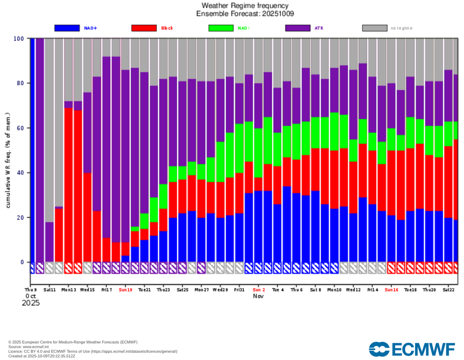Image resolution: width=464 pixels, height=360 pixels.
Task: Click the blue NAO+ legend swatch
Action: pos(67,28)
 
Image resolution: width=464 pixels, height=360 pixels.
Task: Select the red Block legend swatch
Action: pos(144,28)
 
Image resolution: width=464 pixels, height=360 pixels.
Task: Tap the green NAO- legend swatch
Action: pos(221,28)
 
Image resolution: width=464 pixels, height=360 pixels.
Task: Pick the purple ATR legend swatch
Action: pos(298,28)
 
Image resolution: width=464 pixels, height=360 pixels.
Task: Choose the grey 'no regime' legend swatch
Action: pos(375,28)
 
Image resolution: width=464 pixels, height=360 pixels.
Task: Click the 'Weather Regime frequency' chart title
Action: pos(245,6)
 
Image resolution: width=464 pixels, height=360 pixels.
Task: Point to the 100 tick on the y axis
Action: pos(19,39)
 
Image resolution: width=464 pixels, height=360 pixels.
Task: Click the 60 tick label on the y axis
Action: pos(20,128)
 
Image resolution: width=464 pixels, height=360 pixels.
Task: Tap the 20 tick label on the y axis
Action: pos(20,218)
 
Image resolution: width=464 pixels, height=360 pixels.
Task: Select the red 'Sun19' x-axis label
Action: pos(126,289)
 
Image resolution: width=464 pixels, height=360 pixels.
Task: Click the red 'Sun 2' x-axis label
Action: pos(259,289)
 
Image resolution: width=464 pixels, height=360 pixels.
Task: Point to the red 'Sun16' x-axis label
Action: pos(391,289)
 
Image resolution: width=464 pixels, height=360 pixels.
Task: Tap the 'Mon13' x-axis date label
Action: pos(68,289)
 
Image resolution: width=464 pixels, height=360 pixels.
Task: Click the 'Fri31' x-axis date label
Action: pos(240,289)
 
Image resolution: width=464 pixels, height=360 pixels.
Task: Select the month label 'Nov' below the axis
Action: pos(258,296)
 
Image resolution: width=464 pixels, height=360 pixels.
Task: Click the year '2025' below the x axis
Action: pos(31,303)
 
